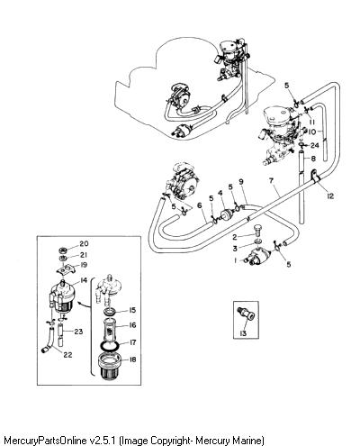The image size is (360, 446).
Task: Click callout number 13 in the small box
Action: [243, 333]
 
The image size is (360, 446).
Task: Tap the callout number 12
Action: [330, 196]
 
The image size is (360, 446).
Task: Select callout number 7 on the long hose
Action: [272, 180]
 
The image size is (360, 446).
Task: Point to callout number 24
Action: [315, 145]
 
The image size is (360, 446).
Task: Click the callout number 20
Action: [84, 243]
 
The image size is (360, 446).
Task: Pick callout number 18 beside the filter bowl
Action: [132, 360]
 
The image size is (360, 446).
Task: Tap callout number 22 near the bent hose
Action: [67, 355]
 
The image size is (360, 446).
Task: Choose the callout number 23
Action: [78, 332]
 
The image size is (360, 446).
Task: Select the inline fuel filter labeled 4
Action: [226, 214]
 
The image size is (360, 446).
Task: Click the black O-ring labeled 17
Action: [110, 345]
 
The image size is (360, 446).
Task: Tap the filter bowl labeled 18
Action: [110, 367]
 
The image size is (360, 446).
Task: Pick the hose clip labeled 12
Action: [314, 176]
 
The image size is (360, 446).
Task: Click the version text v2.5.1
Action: [103, 441]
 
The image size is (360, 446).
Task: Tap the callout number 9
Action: [241, 181]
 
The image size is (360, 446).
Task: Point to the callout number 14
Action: [84, 280]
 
